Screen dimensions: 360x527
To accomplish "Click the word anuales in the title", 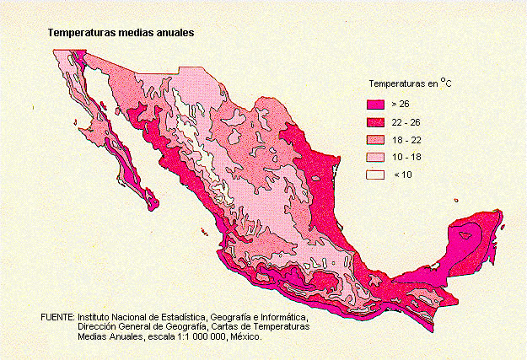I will (173, 34).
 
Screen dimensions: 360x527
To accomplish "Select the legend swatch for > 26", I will (374, 104).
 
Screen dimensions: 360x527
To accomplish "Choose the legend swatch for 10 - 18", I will (374, 157).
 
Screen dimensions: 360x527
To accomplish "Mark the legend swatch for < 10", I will (374, 175).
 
